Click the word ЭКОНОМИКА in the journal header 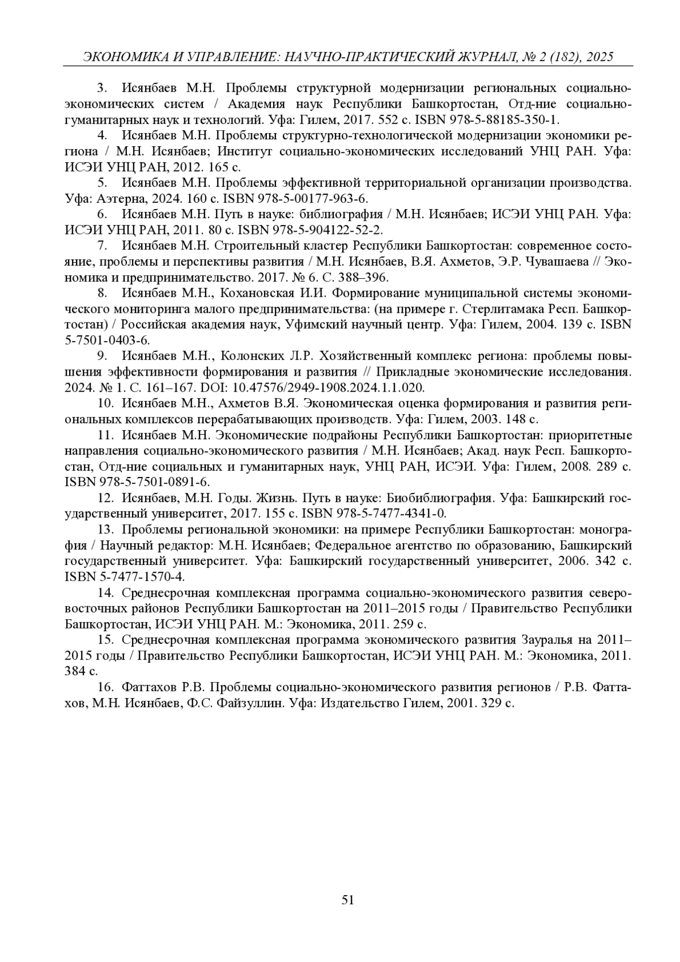117,57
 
